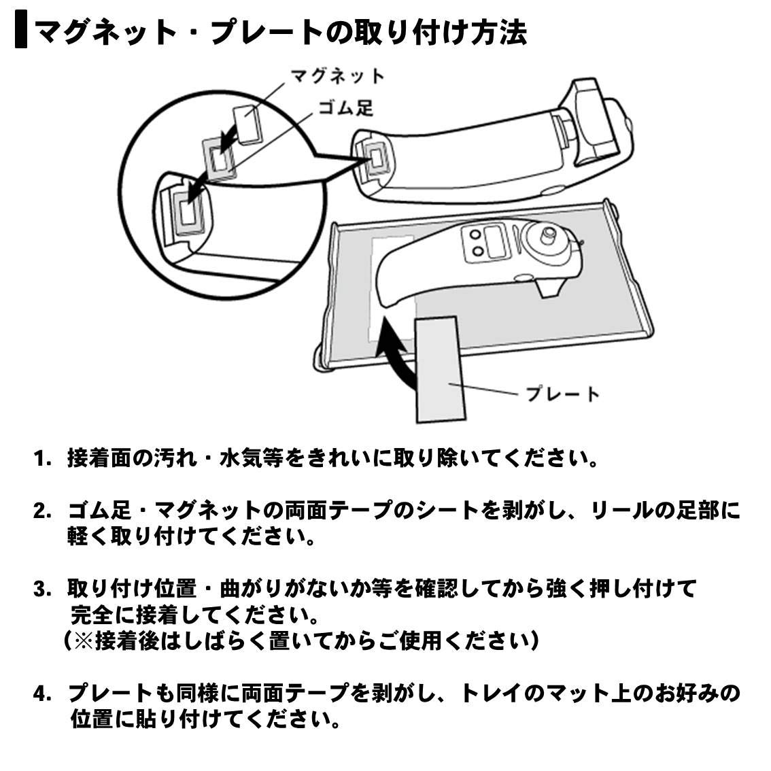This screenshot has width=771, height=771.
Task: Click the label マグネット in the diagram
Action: point(337,76)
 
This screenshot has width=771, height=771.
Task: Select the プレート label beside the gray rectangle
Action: point(562,394)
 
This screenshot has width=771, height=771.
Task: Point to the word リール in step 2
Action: point(622,511)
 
